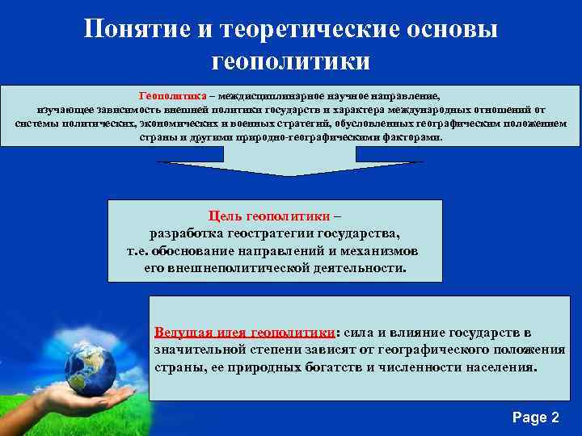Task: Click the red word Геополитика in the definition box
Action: (169, 94)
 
